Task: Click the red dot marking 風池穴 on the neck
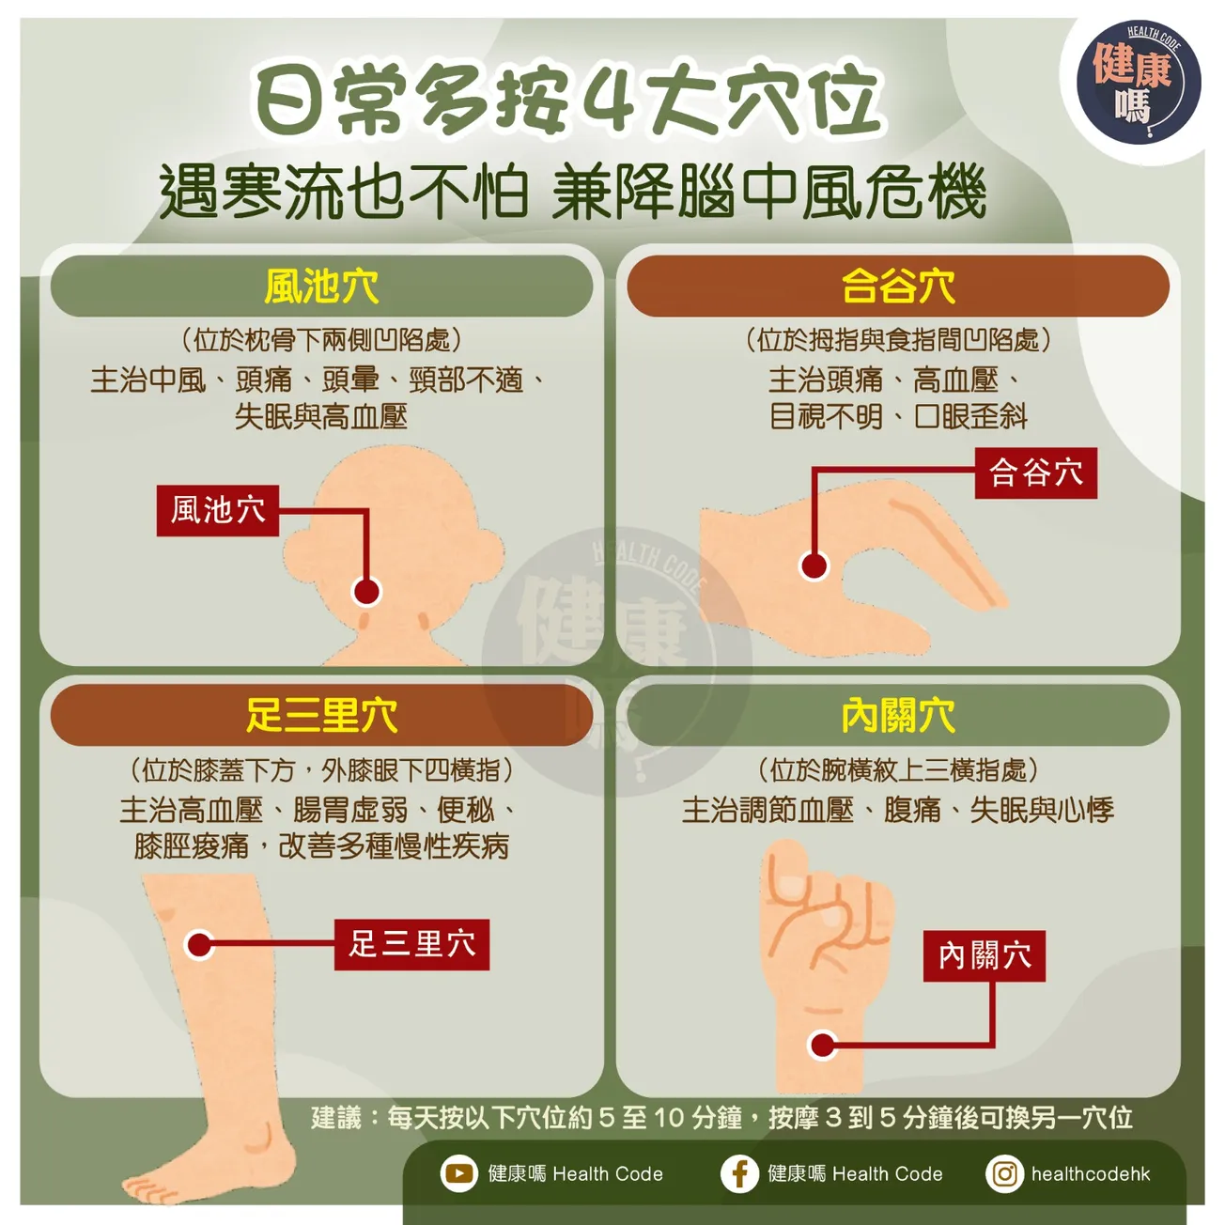click(x=366, y=591)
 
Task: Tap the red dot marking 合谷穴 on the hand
click(x=814, y=566)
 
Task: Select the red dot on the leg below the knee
click(x=199, y=944)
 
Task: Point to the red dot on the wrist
click(x=823, y=1045)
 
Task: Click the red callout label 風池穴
click(x=218, y=510)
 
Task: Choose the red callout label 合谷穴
click(x=1035, y=473)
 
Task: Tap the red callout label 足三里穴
click(x=411, y=944)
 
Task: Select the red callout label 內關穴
click(x=984, y=956)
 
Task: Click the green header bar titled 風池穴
click(x=321, y=287)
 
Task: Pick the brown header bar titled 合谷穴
click(x=897, y=287)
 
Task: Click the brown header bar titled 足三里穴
click(x=321, y=716)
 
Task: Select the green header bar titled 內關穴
click(x=897, y=716)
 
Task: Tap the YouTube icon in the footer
click(x=459, y=1173)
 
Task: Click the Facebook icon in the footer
click(x=739, y=1173)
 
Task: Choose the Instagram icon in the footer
click(x=1004, y=1173)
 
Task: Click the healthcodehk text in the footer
click(x=1090, y=1173)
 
